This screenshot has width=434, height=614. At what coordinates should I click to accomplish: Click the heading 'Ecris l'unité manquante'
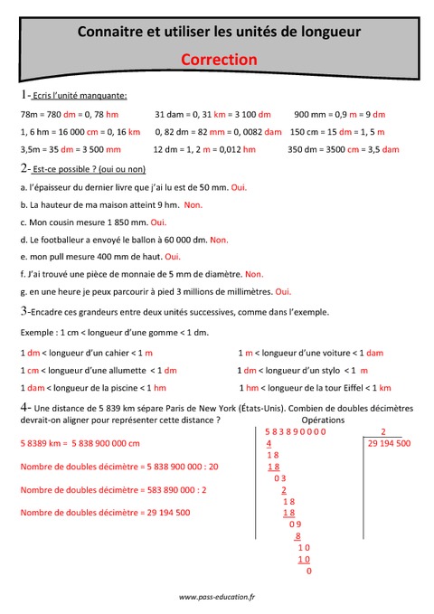79,95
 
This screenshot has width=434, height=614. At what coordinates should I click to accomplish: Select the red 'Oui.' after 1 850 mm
158,222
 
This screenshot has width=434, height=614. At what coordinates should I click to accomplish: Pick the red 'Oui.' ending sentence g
283,291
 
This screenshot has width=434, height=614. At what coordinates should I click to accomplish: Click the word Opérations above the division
323,421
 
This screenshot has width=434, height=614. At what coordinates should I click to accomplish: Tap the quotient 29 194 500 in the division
390,444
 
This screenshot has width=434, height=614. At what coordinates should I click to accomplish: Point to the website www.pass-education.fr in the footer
217,597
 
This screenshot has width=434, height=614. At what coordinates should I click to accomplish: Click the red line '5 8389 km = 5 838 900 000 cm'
80,443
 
